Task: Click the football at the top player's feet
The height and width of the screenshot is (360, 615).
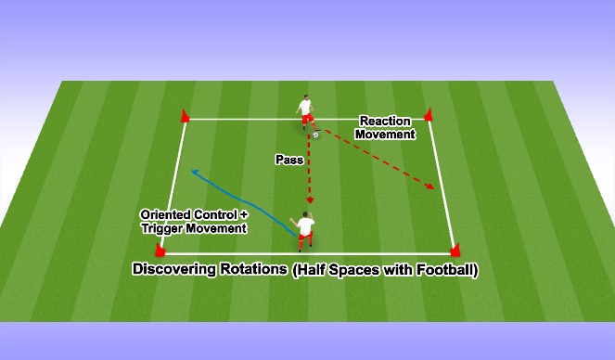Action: pos(316,135)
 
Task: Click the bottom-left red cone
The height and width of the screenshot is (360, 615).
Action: pos(160,250)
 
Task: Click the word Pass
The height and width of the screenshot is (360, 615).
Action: pos(288,160)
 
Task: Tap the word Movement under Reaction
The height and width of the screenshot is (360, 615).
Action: pos(388,135)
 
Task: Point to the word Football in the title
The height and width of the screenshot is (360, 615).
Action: pos(442,272)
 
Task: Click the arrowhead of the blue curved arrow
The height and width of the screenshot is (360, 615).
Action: pos(194,172)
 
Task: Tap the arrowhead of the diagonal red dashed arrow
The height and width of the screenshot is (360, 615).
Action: pos(432,188)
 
